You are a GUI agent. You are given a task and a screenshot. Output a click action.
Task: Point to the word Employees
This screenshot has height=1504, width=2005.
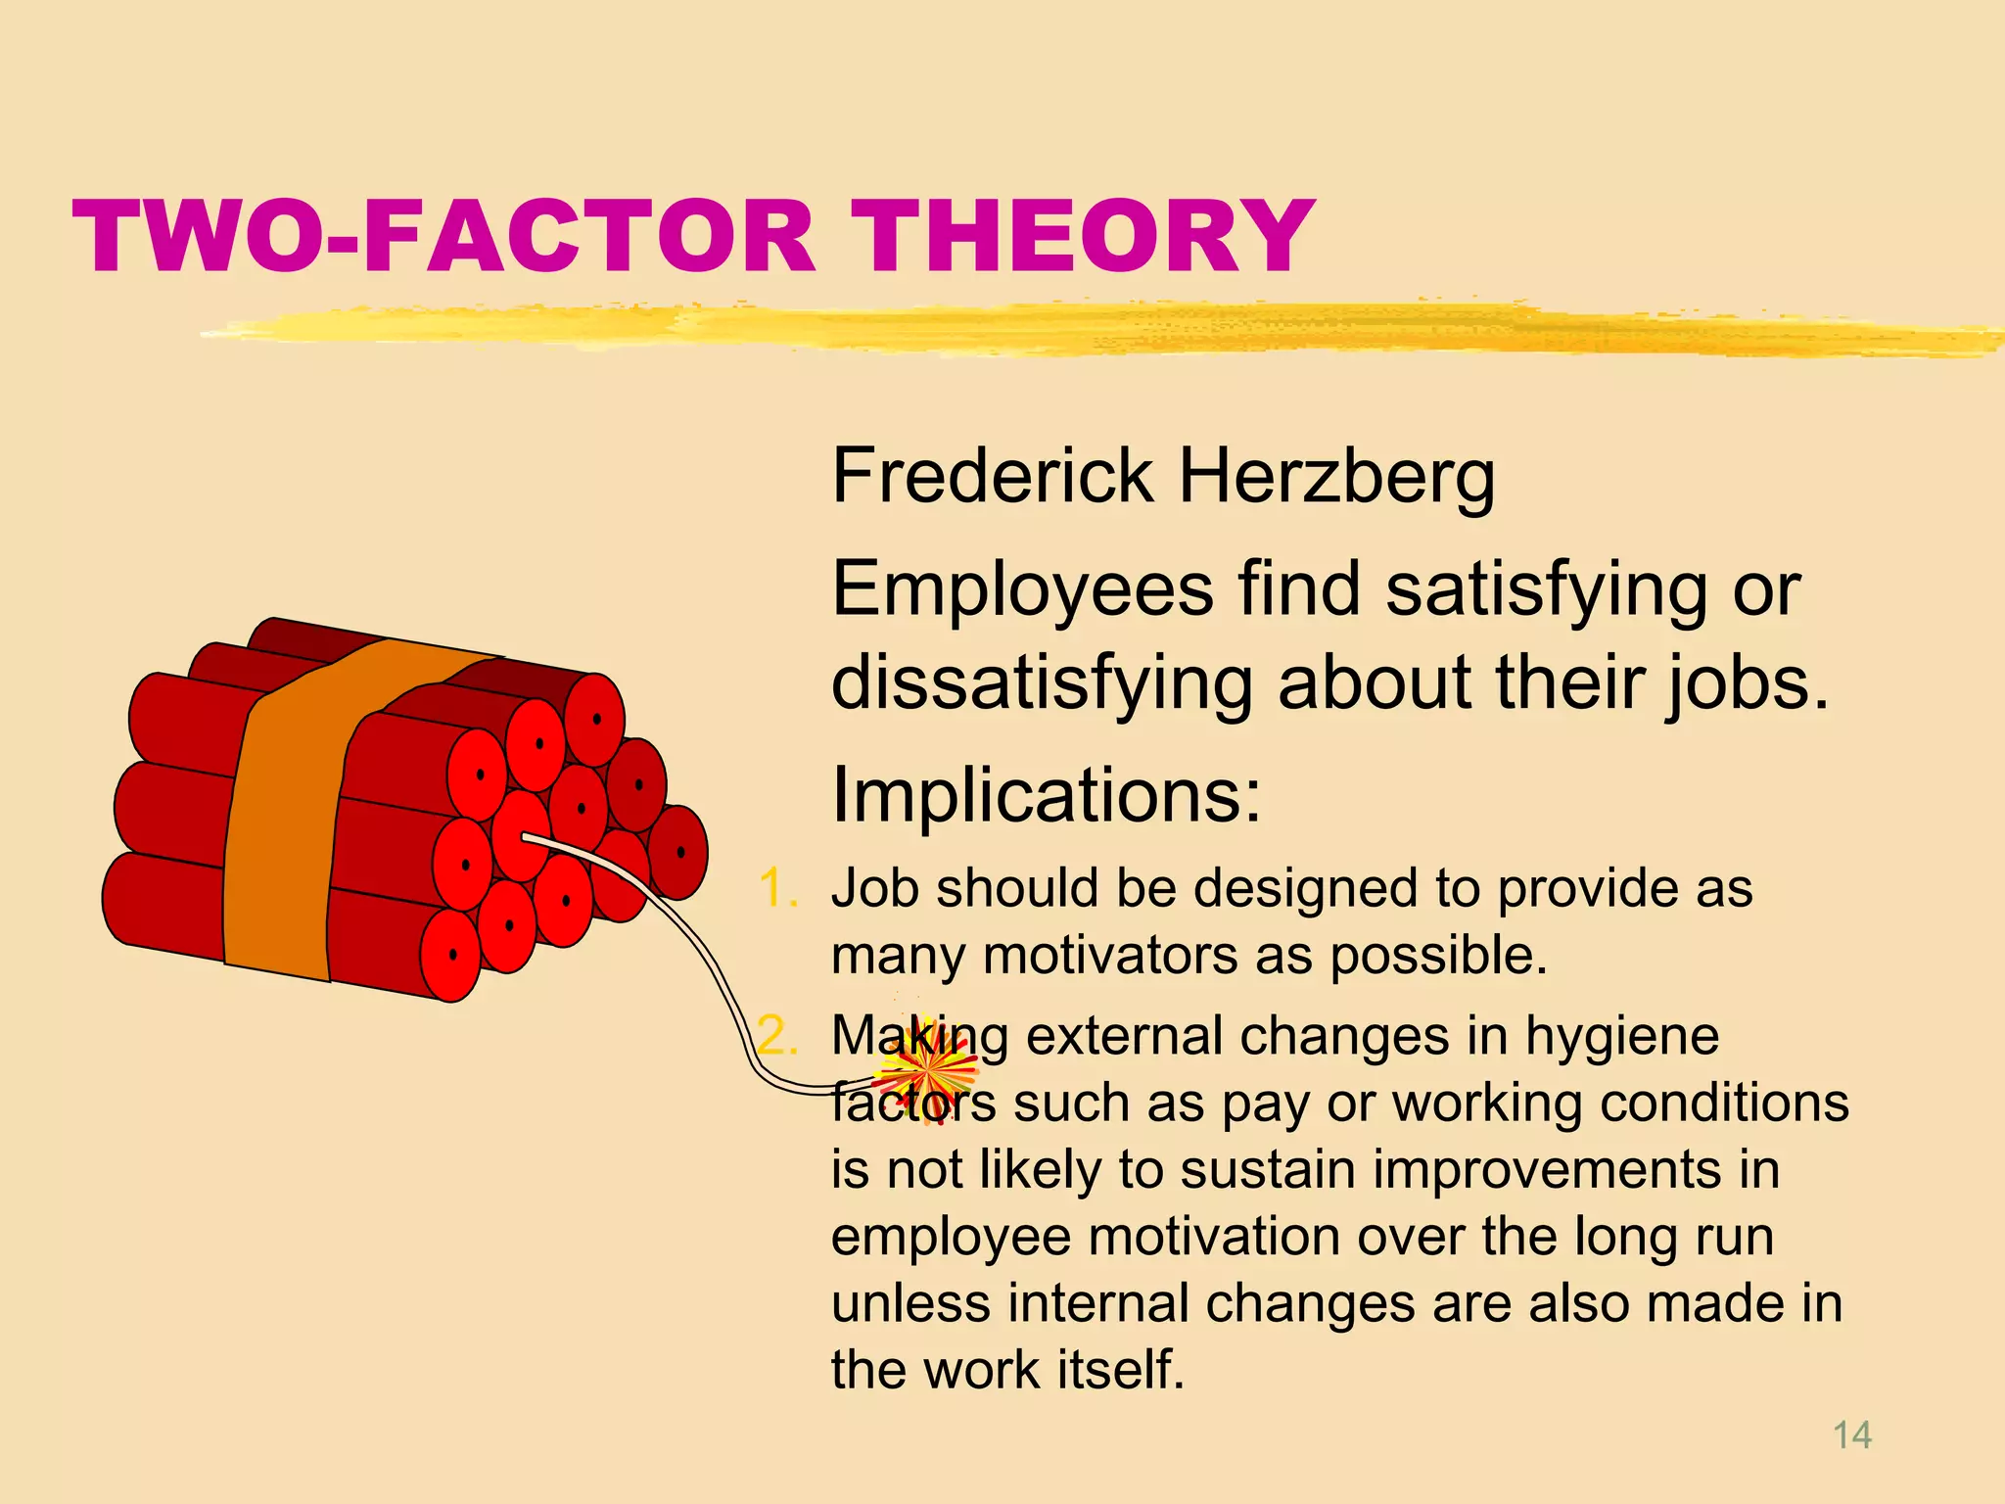[x=1022, y=592]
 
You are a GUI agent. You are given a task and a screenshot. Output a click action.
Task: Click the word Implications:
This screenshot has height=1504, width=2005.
[x=1046, y=795]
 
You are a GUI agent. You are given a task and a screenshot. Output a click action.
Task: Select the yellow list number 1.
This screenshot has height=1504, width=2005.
[x=778, y=889]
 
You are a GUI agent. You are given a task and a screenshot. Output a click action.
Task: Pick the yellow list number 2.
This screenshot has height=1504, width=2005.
[x=778, y=1036]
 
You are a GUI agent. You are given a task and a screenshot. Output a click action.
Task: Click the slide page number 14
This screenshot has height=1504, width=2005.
[x=1851, y=1435]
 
